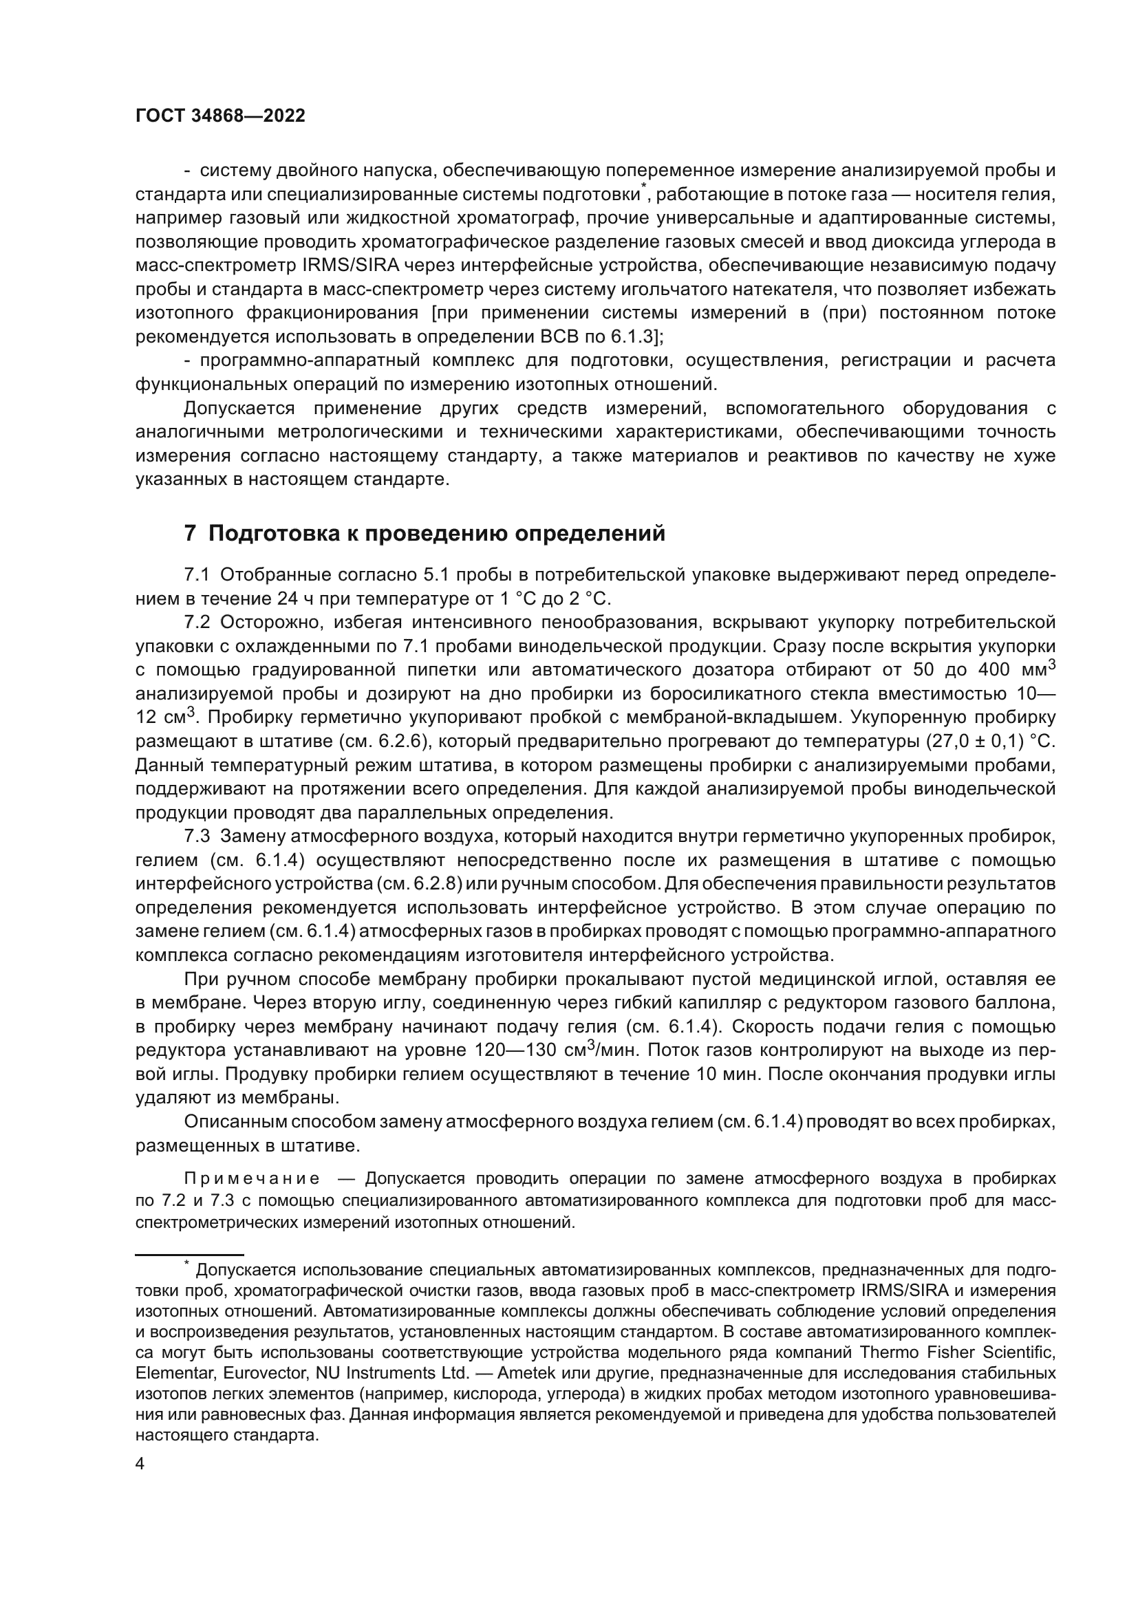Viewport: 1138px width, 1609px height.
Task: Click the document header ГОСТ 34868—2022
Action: click(x=220, y=116)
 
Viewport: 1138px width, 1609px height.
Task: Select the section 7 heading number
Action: click(x=189, y=534)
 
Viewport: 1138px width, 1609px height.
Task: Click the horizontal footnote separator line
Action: click(x=189, y=1255)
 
